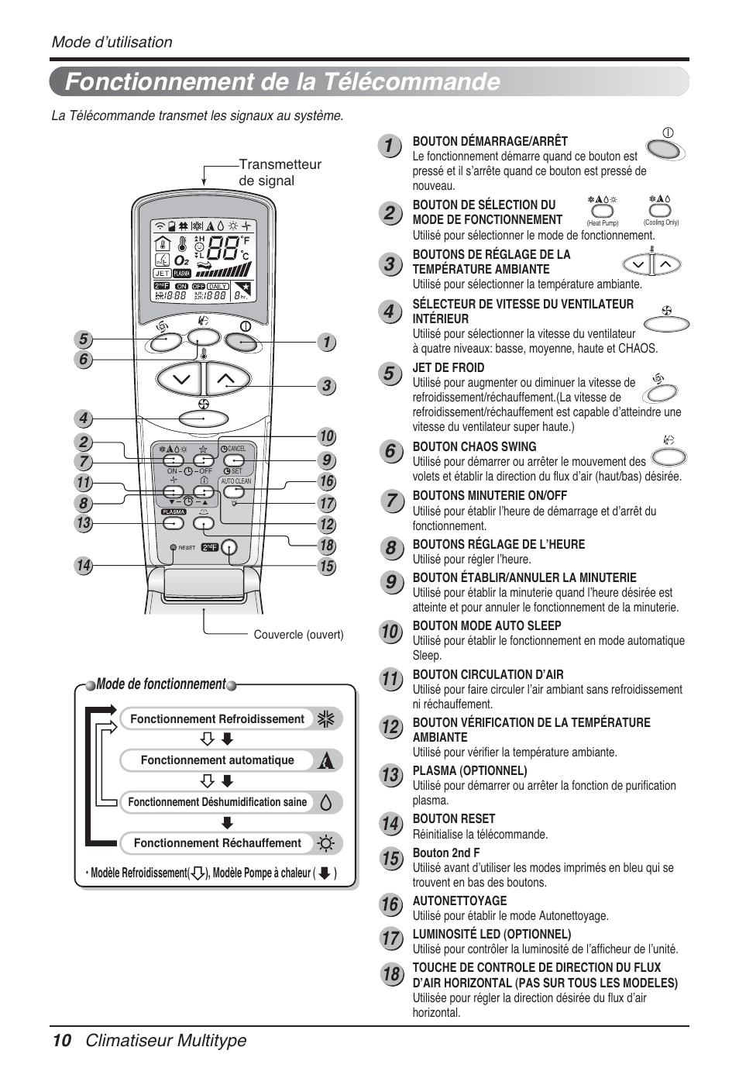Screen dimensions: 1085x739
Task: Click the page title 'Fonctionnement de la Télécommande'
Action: (283, 82)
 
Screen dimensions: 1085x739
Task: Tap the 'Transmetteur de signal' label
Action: (279, 172)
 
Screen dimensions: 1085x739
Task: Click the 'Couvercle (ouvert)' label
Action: (298, 635)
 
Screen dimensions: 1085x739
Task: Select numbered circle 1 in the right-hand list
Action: (390, 146)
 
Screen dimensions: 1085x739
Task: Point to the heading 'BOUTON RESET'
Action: (453, 818)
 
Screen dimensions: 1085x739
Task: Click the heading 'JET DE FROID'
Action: (448, 367)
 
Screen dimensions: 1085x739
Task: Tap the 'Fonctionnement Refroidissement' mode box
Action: (217, 719)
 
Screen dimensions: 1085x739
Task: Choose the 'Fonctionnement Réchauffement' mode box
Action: (217, 843)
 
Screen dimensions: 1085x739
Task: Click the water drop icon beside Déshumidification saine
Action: (326, 803)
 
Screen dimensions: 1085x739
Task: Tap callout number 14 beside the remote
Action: (84, 566)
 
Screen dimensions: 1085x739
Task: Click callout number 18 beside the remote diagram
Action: (327, 546)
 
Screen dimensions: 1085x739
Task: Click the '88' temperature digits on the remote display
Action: (223, 248)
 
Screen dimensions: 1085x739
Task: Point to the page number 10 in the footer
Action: (62, 1040)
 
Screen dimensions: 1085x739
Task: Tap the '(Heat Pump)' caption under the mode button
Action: (602, 223)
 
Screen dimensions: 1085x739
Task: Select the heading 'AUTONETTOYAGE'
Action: (459, 901)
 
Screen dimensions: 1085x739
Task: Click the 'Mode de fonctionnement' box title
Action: (161, 684)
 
